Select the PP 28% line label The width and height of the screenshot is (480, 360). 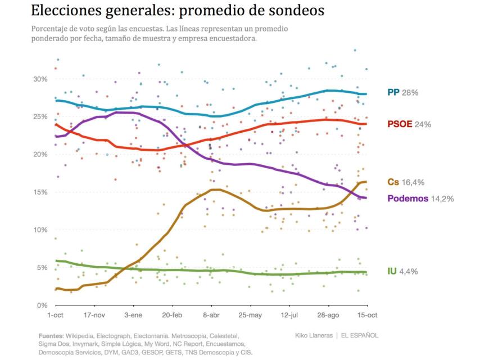pyautogui.click(x=402, y=92)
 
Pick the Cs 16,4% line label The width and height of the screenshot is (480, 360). pyautogui.click(x=406, y=182)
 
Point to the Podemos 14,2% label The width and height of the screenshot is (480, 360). pyautogui.click(x=420, y=199)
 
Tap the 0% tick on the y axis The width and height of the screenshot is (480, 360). pyautogui.click(x=41, y=305)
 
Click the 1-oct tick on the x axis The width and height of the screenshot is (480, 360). pyautogui.click(x=55, y=316)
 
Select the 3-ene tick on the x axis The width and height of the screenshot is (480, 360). pyautogui.click(x=133, y=316)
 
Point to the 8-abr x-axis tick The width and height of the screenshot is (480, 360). pyautogui.click(x=211, y=316)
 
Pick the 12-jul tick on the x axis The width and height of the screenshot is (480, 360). pyautogui.click(x=289, y=316)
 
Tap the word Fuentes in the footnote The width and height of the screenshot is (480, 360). pyautogui.click(x=51, y=335)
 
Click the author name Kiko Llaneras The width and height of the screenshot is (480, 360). pyautogui.click(x=314, y=335)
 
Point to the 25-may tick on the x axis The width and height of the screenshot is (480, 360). pyautogui.click(x=250, y=316)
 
